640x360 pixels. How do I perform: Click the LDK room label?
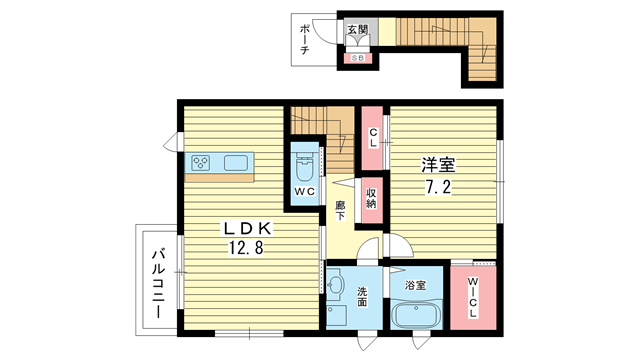click(246, 229)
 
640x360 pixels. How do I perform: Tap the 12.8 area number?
click(245, 247)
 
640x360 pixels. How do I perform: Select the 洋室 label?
click(438, 165)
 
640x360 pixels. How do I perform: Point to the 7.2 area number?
click(438, 187)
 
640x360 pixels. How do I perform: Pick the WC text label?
click(304, 191)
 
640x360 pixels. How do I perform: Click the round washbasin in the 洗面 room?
click(336, 284)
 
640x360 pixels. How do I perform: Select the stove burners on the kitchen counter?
click(201, 163)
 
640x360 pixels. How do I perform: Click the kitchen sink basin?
click(236, 163)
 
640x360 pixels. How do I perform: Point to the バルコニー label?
click(158, 284)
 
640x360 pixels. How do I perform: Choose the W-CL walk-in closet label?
click(473, 298)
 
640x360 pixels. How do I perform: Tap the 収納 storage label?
click(371, 199)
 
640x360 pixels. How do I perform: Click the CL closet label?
click(373, 138)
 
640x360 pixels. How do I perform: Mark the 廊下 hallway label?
click(340, 211)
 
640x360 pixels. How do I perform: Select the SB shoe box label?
click(358, 58)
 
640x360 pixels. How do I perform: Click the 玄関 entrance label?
click(358, 29)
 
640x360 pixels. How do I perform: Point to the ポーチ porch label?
click(304, 39)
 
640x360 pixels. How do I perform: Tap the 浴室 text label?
click(416, 285)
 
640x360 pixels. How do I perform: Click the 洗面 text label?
click(362, 297)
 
